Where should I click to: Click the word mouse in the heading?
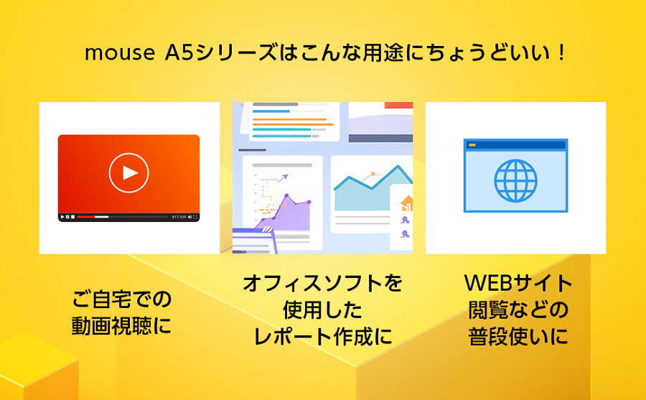119,54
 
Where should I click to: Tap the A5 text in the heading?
179,53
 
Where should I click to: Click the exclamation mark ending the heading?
561,53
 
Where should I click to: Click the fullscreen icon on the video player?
195,217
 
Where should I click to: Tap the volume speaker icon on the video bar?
189,217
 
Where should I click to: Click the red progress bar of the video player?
86,217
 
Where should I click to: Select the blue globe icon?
515,181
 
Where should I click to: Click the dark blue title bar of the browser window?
515,145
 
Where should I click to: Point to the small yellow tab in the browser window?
472,145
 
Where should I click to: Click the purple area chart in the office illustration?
289,215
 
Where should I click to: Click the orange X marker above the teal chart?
373,174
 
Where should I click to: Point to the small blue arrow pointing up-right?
283,177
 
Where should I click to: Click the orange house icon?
407,203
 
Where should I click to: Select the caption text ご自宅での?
121,299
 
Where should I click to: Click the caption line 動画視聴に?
121,326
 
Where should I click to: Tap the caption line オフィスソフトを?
322,283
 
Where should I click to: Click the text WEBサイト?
518,283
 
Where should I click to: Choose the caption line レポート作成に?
322,337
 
